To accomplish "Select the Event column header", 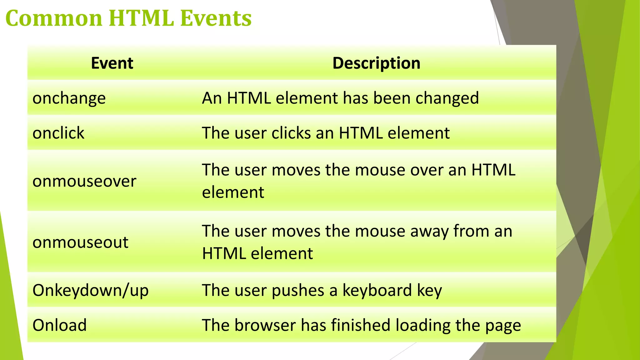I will [112, 63].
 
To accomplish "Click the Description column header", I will [376, 63].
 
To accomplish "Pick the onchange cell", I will [69, 98].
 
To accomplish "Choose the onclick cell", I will [58, 133].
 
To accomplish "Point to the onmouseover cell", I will [84, 181].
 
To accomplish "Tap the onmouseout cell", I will [80, 242].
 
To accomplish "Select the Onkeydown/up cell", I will [90, 291].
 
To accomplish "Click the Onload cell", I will [60, 325].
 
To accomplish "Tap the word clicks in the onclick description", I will [291, 133].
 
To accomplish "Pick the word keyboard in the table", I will [377, 290].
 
